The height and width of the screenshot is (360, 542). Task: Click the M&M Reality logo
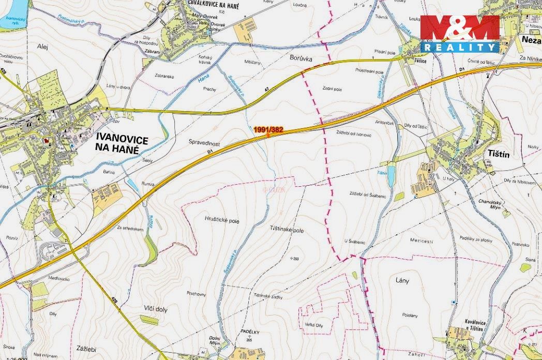pos(460,34)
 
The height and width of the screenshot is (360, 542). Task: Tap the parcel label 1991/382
pos(268,129)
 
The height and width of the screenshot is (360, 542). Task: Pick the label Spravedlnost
pos(206,141)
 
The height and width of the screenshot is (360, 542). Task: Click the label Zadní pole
pos(332,89)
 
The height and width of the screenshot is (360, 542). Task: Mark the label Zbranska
pos(164,76)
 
